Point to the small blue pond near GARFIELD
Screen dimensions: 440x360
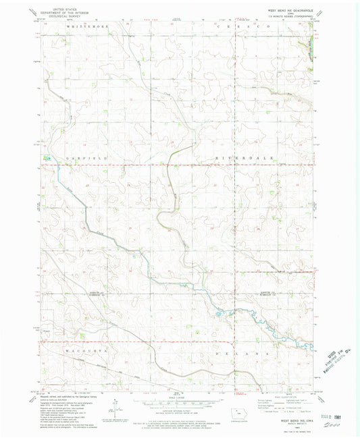[45, 159]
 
